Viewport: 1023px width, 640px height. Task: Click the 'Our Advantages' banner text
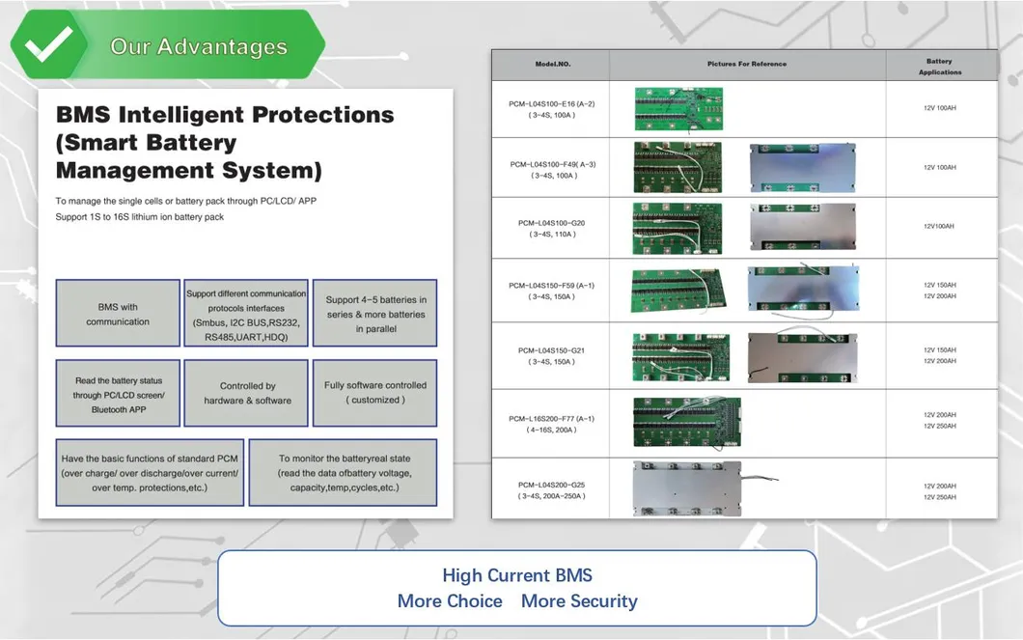(x=199, y=46)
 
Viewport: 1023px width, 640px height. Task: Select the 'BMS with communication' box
(x=118, y=313)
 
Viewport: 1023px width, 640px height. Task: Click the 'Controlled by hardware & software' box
(x=246, y=393)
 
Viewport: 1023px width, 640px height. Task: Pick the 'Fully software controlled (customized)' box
(x=375, y=393)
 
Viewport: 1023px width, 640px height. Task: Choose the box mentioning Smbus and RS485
(x=246, y=313)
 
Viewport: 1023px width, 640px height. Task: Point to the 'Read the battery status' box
(x=118, y=393)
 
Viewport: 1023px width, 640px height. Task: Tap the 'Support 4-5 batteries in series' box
(x=375, y=313)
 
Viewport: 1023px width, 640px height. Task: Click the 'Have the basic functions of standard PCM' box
(x=150, y=473)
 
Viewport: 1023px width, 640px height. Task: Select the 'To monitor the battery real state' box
(x=344, y=473)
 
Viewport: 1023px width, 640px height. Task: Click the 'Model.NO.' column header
(x=553, y=64)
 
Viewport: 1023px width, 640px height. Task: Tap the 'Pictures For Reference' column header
(x=747, y=64)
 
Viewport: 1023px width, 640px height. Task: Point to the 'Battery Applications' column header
(x=940, y=67)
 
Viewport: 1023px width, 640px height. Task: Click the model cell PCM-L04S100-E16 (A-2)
(x=552, y=109)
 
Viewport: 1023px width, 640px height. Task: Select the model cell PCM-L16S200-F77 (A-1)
(x=552, y=424)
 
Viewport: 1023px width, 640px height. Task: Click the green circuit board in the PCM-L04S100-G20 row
(x=677, y=228)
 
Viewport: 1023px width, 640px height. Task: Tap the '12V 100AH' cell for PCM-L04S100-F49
(x=940, y=168)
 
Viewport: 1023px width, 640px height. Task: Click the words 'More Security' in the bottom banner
(x=579, y=601)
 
